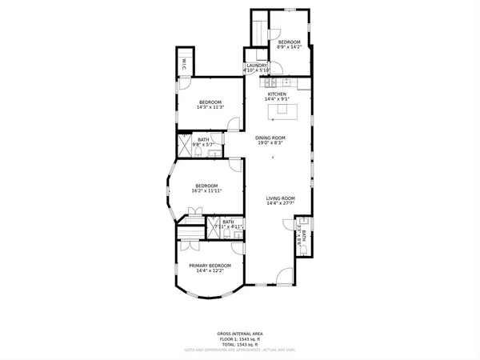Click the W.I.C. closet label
(183, 65)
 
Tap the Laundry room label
(257, 66)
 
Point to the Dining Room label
(270, 138)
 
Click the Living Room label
(281, 198)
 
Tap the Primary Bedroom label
(210, 266)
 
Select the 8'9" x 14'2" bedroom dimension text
(289, 47)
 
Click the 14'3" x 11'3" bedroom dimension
(210, 107)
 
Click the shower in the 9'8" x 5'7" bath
(184, 150)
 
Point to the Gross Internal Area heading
(239, 334)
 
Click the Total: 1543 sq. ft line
(239, 343)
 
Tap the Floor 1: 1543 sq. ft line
(239, 338)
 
